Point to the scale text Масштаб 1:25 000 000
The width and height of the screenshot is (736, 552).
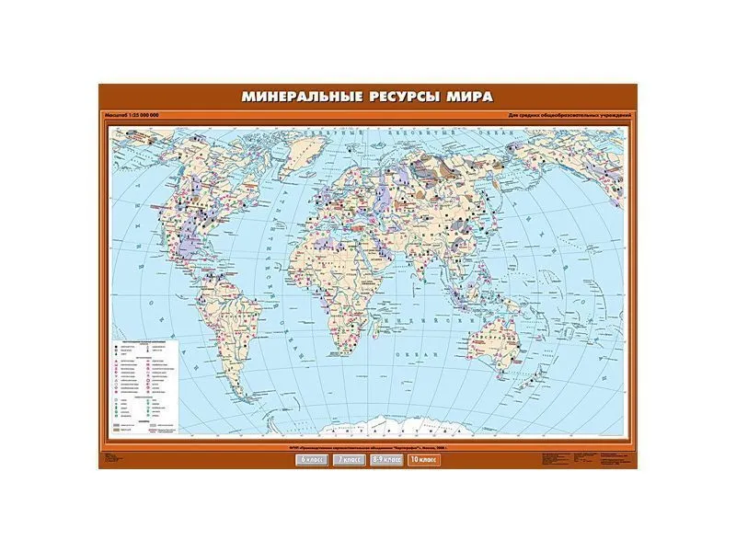coord(133,114)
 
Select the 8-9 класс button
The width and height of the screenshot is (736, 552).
coord(386,458)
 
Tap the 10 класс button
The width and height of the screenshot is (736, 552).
coord(425,458)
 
